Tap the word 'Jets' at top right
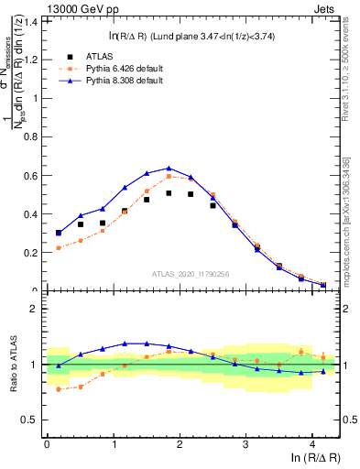tap(325, 8)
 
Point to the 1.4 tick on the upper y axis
tap(31, 21)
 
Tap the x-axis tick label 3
tap(245, 443)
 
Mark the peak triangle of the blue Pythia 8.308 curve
tap(169, 168)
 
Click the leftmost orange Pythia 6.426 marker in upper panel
tap(59, 248)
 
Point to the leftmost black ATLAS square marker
tap(59, 233)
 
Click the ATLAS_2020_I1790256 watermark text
tap(189, 273)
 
